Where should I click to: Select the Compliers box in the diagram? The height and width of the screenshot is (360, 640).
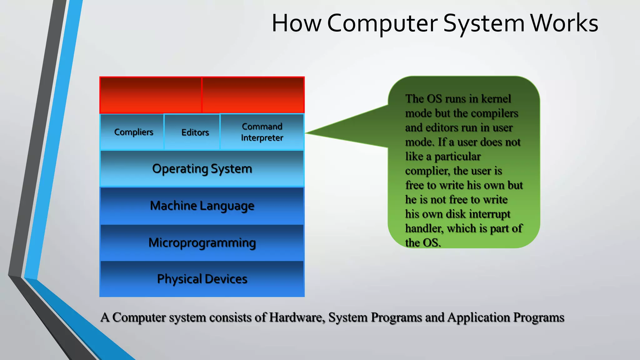tap(133, 132)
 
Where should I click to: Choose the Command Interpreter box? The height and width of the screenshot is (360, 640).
tap(262, 132)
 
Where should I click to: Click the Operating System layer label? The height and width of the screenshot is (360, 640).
tap(202, 169)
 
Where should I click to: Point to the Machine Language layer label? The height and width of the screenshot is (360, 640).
tap(202, 206)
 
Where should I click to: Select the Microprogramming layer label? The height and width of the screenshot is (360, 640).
tap(202, 243)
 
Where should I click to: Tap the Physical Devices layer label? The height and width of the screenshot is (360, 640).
tap(202, 279)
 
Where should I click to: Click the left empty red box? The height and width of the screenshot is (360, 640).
tap(151, 95)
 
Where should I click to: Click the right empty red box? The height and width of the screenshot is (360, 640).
tap(253, 95)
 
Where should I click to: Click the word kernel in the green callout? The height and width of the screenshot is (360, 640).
tap(496, 99)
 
